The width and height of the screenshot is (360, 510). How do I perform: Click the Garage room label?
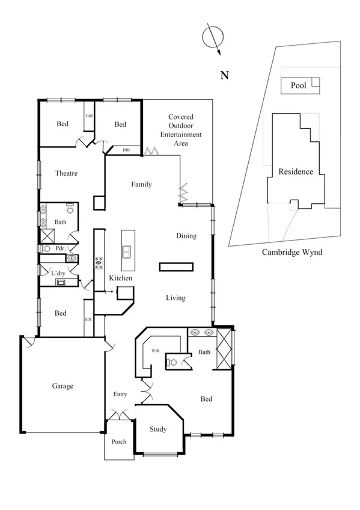click(62, 386)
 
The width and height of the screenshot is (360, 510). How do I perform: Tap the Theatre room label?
click(67, 173)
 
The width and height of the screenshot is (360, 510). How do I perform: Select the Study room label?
click(157, 429)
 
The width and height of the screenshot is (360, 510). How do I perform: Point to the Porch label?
click(119, 441)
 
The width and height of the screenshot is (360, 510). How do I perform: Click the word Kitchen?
click(120, 278)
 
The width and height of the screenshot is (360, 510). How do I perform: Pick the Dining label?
click(186, 236)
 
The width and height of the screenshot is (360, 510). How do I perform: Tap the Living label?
click(175, 298)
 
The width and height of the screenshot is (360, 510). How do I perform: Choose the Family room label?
click(141, 185)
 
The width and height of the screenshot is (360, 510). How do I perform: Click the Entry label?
click(120, 394)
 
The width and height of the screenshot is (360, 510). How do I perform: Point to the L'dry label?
click(58, 274)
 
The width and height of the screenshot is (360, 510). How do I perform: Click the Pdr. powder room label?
click(60, 248)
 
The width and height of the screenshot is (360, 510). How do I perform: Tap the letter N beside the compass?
click(225, 75)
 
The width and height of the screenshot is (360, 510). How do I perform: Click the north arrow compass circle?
click(212, 37)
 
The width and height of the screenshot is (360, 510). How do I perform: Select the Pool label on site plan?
click(299, 85)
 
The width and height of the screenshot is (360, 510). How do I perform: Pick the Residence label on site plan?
click(296, 171)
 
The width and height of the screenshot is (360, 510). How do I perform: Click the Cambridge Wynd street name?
click(292, 252)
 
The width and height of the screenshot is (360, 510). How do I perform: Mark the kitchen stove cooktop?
click(99, 263)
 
